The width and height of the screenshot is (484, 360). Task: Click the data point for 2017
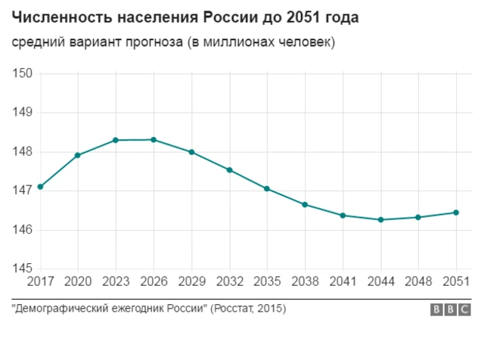[40, 187]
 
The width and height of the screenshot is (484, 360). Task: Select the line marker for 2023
[116, 140]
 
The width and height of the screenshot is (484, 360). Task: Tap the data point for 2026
[154, 140]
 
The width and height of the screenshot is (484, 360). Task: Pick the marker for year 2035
[267, 188]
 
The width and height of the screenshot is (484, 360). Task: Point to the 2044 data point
[380, 220]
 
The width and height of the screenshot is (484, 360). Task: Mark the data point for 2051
[456, 213]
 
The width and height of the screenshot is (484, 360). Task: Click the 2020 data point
[78, 155]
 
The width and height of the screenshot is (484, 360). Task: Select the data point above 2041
[343, 216]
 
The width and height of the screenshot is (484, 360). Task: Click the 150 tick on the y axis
[22, 73]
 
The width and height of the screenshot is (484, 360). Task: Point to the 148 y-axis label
[22, 151]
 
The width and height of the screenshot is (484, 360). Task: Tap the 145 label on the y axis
[22, 268]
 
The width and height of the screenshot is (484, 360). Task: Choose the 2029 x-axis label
[191, 282]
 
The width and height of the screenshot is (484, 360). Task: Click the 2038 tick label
[305, 282]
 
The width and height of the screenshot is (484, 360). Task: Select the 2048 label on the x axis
[418, 282]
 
